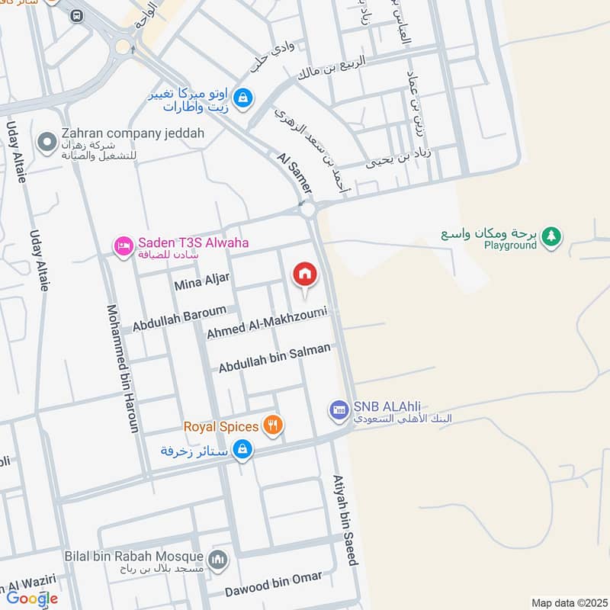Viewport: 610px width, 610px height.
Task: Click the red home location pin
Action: tap(304, 275)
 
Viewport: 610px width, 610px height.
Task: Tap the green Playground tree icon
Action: tap(551, 239)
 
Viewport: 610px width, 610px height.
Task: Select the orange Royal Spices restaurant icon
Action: tap(272, 426)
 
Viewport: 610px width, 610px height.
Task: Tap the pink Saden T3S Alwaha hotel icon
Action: tap(123, 247)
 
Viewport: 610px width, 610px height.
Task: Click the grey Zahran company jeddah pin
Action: tap(47, 141)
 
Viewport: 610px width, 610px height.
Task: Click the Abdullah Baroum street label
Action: tap(179, 319)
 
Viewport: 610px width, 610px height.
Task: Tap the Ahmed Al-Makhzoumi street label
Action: tap(266, 323)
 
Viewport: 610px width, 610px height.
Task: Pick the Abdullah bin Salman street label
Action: tap(274, 358)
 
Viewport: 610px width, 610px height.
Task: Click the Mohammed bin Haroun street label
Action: tap(123, 369)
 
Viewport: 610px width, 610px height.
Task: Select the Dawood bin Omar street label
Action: tap(273, 584)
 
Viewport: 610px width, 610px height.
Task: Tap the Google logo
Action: tap(32, 598)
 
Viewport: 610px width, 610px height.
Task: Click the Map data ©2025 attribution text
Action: tap(568, 602)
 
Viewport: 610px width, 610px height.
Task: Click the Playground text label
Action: tap(510, 246)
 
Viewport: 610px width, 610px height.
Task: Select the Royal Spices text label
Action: tap(220, 427)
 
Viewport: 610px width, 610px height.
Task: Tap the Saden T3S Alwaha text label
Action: tap(193, 245)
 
